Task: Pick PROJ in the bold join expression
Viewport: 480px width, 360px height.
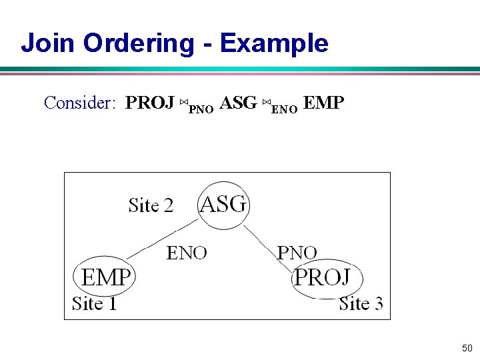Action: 150,103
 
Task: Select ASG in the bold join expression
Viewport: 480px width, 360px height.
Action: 238,103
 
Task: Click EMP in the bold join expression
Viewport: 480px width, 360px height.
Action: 323,103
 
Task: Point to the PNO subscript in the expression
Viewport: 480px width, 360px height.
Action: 201,109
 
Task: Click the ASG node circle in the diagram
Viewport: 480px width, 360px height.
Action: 223,205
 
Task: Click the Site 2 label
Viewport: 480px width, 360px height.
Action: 151,205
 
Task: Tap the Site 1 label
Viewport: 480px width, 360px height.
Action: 94,304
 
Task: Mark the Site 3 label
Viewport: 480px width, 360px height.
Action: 361,304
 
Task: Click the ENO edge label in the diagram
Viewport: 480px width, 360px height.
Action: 186,253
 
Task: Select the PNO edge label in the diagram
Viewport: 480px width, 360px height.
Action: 297,253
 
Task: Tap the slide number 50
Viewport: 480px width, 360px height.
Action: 467,348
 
